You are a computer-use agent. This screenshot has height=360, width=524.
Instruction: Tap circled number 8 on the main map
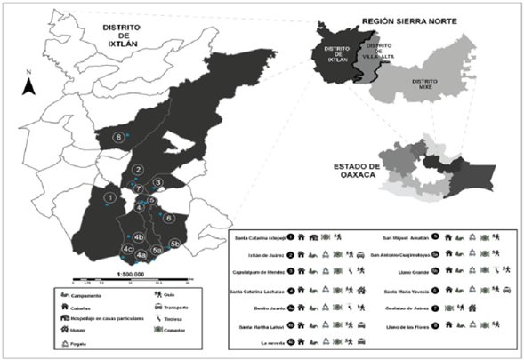[x=117, y=136]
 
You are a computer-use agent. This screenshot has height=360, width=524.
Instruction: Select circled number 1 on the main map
[x=109, y=197]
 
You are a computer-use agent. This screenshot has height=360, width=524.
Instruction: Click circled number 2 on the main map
[x=138, y=169]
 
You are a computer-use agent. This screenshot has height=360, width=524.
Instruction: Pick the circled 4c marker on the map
[x=128, y=250]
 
